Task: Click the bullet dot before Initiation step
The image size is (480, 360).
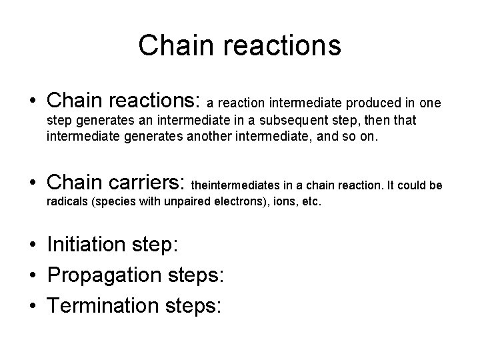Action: pyautogui.click(x=33, y=245)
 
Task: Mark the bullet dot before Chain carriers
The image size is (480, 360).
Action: pyautogui.click(x=33, y=181)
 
